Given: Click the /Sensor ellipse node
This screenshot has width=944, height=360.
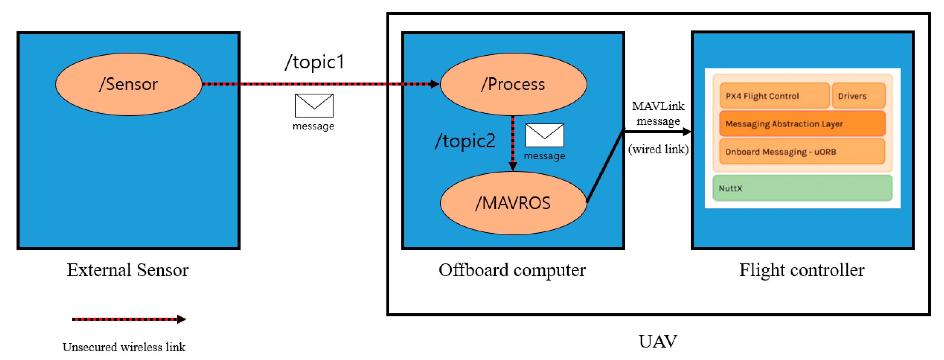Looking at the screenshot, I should coord(128,84).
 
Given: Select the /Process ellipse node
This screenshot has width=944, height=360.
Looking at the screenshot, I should coord(513,84).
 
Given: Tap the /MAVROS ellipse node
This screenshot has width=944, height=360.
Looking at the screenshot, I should coord(513,203).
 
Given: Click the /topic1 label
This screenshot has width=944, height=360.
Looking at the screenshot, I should coord(314,62).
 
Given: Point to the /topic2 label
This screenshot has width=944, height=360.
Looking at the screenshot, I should coord(465,141).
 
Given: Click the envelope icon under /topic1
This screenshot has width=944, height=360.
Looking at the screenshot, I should coord(314,106).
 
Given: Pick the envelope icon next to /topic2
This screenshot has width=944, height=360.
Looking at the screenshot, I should coord(545,135).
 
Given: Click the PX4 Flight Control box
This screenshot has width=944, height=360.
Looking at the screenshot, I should coord(774,96).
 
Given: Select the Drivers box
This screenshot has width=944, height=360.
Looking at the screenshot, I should coord(858,96).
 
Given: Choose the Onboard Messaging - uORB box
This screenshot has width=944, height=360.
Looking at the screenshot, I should coord(802,152).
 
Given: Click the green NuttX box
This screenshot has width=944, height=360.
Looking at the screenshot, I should coord(802,188).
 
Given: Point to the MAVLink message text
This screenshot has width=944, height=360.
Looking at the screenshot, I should coord(658,113).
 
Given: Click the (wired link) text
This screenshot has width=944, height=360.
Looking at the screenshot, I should coord(658,149).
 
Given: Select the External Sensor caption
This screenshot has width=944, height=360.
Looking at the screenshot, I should coord(127,270).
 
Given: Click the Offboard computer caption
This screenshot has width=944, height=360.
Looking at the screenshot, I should coord(512,270).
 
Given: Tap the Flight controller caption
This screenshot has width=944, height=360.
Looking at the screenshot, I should coord(802,270).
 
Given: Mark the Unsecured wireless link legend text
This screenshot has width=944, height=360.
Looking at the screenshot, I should coord(124,347).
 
